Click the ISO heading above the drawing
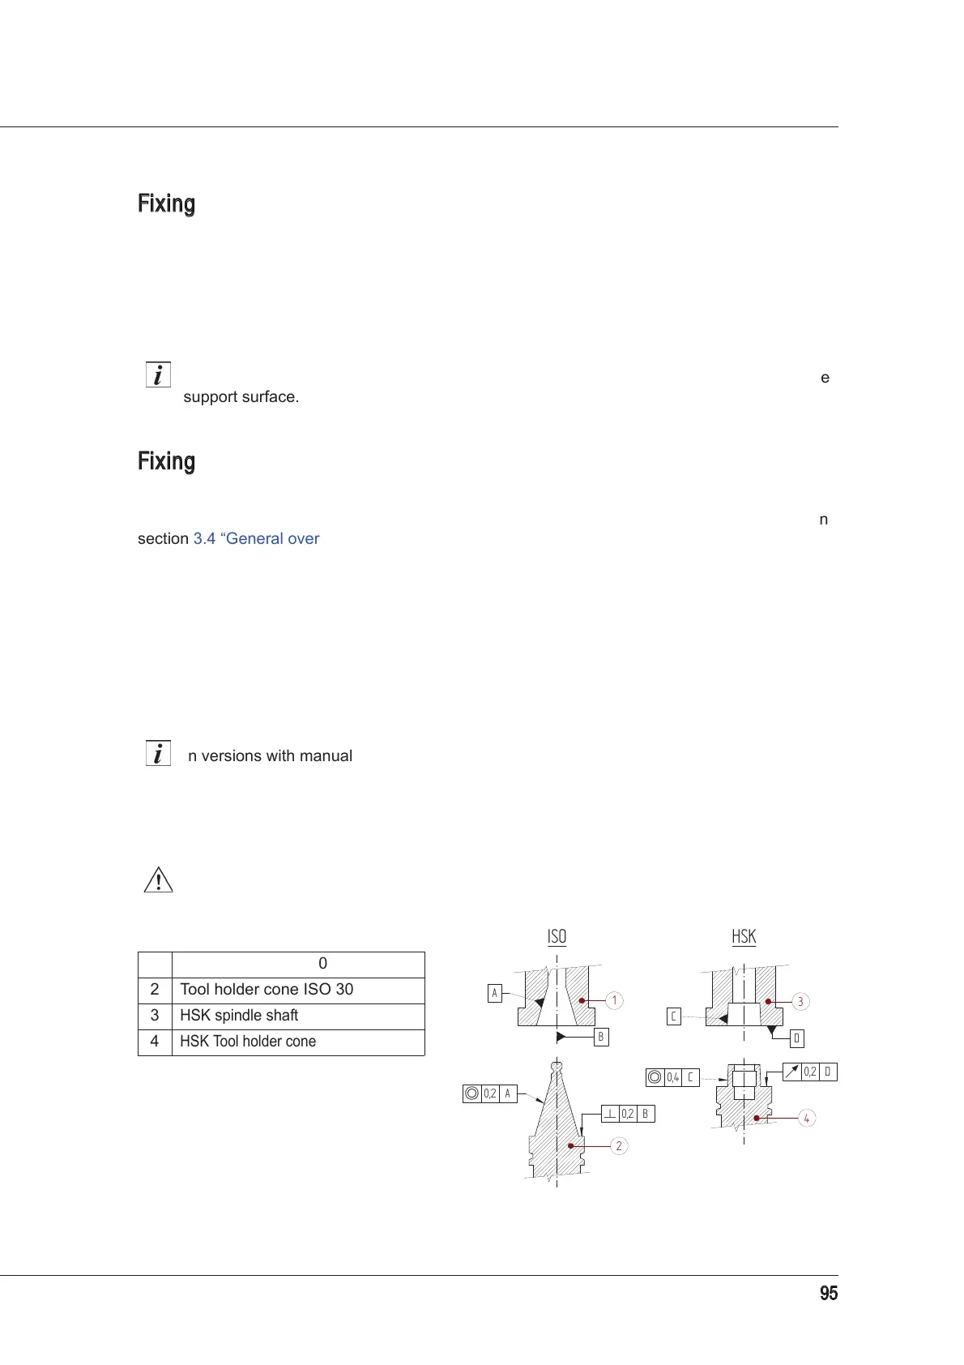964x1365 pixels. [x=557, y=937]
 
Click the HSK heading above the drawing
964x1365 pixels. [x=744, y=937]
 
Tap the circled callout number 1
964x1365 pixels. [x=615, y=1000]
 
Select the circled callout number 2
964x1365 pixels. [x=619, y=1146]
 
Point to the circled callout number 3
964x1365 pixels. [x=800, y=1002]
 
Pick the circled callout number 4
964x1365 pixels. [x=806, y=1119]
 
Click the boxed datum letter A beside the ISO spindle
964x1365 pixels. [x=494, y=993]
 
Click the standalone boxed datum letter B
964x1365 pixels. [x=600, y=1037]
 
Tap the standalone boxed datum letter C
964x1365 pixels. [x=673, y=1016]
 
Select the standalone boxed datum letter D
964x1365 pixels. [x=796, y=1038]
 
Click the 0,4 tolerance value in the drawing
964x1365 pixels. [x=672, y=1077]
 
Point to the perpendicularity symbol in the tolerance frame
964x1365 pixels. [x=610, y=1114]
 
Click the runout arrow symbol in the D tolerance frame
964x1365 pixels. [x=791, y=1072]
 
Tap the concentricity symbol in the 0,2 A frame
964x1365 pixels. [x=471, y=1093]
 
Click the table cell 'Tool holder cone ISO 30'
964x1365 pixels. [x=267, y=990]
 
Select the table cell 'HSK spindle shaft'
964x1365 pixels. [x=239, y=1016]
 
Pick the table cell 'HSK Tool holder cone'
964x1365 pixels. [x=248, y=1042]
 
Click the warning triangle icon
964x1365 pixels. [x=159, y=880]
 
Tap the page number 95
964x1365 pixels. [x=828, y=1294]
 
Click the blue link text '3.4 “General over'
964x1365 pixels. [x=256, y=539]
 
